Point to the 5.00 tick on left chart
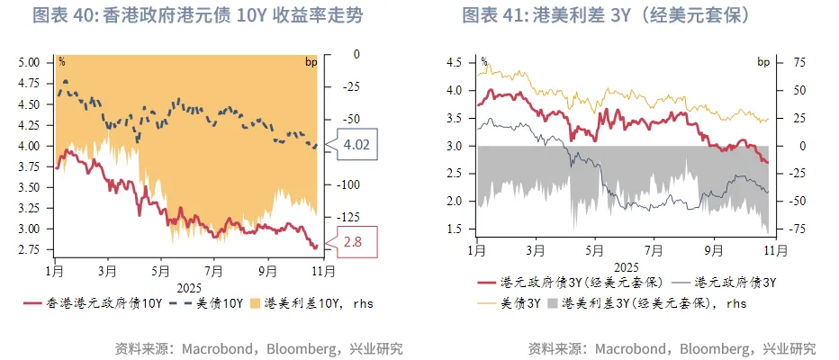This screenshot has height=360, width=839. click(x=30, y=63)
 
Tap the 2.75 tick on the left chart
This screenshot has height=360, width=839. click(x=30, y=246)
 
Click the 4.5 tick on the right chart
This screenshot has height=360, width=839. click(x=453, y=63)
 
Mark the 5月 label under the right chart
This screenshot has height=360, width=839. click(x=593, y=251)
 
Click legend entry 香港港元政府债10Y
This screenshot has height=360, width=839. click(x=94, y=303)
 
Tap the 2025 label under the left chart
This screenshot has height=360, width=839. click(x=188, y=286)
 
